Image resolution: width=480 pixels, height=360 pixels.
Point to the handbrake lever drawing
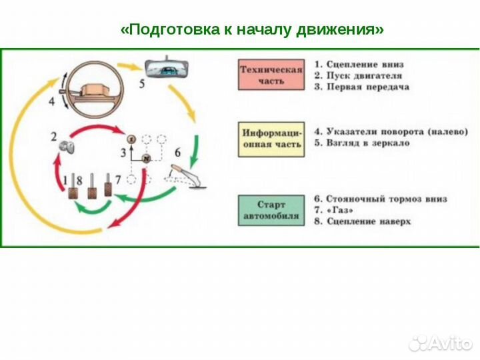[186, 175]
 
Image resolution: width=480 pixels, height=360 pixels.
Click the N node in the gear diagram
[145, 158]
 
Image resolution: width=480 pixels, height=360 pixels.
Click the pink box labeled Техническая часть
[271, 75]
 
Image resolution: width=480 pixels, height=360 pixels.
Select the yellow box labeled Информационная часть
[271, 138]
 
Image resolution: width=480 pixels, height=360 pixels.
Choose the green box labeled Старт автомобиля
[271, 209]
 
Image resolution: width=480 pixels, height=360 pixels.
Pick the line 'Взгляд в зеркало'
[363, 143]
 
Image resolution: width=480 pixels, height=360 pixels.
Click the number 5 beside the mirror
[141, 83]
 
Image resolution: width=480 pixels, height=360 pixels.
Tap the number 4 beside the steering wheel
[51, 102]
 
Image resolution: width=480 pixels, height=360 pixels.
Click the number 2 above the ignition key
[53, 137]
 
